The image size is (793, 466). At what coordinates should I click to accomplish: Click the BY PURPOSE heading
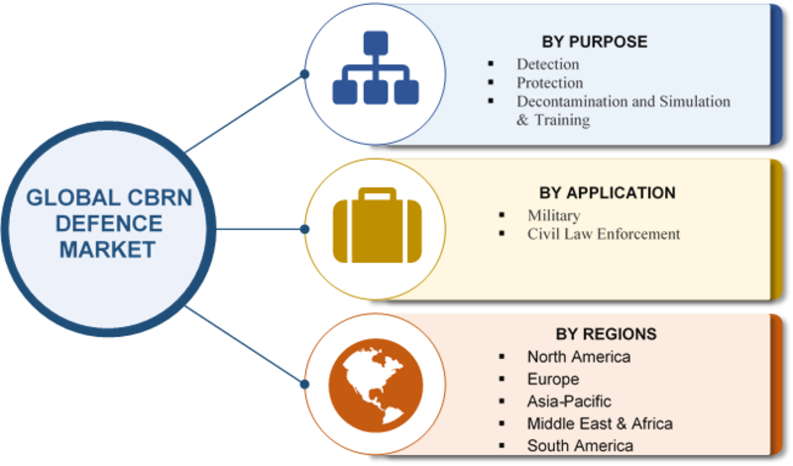click(x=594, y=42)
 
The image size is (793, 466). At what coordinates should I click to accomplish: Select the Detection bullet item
click(x=548, y=64)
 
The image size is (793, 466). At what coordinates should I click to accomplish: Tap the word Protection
click(x=550, y=83)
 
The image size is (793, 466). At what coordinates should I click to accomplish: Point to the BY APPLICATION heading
click(x=607, y=192)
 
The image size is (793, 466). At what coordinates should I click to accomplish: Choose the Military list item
click(x=554, y=215)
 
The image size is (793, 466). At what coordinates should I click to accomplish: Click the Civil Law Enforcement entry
click(x=604, y=234)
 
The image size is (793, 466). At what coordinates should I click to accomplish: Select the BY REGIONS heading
click(x=606, y=334)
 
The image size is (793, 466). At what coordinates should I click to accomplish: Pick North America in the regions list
click(x=579, y=357)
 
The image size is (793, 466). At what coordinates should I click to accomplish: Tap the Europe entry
click(x=553, y=379)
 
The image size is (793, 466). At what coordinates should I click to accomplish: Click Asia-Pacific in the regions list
click(x=569, y=402)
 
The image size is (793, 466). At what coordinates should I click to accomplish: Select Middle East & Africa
click(x=600, y=423)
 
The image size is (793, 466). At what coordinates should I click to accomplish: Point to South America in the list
click(x=580, y=446)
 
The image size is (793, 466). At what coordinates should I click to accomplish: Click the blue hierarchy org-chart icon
click(x=376, y=67)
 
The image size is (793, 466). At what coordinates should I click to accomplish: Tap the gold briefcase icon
click(x=377, y=226)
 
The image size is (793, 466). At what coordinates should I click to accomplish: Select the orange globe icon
click(x=376, y=386)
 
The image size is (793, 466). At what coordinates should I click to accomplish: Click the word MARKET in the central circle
click(x=107, y=250)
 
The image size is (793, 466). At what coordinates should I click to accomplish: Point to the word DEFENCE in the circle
click(x=109, y=224)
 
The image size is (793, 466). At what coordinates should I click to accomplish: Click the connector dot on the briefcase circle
click(x=304, y=229)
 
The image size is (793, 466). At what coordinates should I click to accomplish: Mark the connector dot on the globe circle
click(x=304, y=385)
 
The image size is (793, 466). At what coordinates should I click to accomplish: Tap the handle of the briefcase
click(x=377, y=193)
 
